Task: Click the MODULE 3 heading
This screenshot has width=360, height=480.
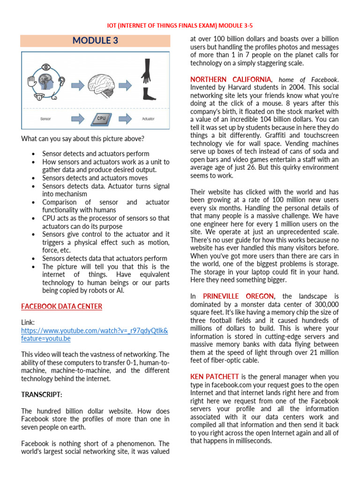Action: point(95,41)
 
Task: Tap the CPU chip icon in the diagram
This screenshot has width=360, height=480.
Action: point(101,119)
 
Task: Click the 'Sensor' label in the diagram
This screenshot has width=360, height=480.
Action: point(45,119)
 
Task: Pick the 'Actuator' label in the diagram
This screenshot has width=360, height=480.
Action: point(148,119)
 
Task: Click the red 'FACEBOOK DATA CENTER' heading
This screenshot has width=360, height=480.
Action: point(61,307)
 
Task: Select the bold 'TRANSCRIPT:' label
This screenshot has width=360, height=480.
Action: point(41,395)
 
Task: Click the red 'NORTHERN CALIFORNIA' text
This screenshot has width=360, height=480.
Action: point(230,80)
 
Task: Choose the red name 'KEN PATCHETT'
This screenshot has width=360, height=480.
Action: point(215,377)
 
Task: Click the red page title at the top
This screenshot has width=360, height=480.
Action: point(180,25)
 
